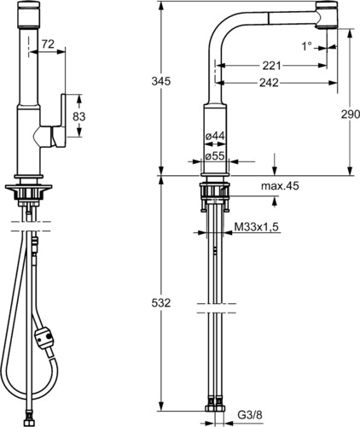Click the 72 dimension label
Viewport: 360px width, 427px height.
[48, 44]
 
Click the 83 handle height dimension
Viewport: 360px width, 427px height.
[79, 116]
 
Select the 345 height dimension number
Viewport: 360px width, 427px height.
[161, 81]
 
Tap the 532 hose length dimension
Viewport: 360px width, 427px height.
[161, 303]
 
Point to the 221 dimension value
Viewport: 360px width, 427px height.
[271, 66]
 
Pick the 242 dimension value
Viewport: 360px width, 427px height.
[269, 83]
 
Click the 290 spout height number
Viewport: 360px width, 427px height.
[351, 114]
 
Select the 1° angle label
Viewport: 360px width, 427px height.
[306, 46]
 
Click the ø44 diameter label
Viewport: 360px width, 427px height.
[215, 136]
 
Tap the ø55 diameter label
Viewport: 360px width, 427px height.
[215, 155]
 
